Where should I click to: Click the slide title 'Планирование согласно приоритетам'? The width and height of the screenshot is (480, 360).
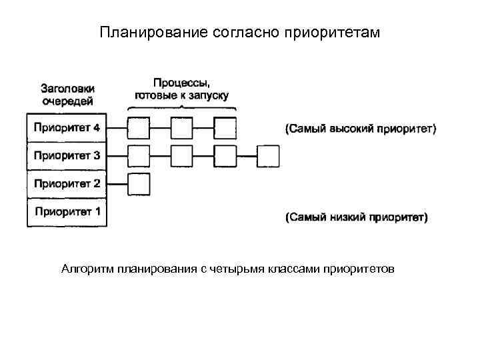pos(239,33)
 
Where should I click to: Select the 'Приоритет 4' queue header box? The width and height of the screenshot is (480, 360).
pos(67,127)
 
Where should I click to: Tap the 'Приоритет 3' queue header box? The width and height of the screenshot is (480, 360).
pos(67,156)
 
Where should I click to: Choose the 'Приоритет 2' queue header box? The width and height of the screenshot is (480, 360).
pos(67,184)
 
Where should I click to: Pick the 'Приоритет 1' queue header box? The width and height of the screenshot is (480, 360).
pos(67,213)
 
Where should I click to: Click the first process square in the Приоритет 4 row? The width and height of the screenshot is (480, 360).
pos(139,127)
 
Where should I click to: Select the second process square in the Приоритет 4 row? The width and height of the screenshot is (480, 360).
pos(181,127)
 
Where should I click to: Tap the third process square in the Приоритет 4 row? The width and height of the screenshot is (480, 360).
pos(225,127)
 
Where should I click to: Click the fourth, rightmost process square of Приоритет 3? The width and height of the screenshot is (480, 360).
pos(268,156)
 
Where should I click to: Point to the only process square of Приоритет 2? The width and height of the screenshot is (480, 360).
pos(139,183)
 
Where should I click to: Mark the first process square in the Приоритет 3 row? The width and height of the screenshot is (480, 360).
pos(139,156)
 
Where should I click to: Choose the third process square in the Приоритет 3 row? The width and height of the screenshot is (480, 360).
pos(225,156)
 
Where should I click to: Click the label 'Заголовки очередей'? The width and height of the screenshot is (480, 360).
pos(67,95)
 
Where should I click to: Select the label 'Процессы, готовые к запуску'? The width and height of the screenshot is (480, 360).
pos(181,89)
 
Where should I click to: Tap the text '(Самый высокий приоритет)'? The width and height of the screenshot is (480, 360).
pos(361,128)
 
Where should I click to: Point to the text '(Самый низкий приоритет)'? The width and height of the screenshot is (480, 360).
pos(357,217)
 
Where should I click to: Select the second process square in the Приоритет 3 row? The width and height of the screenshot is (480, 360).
pos(181,156)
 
